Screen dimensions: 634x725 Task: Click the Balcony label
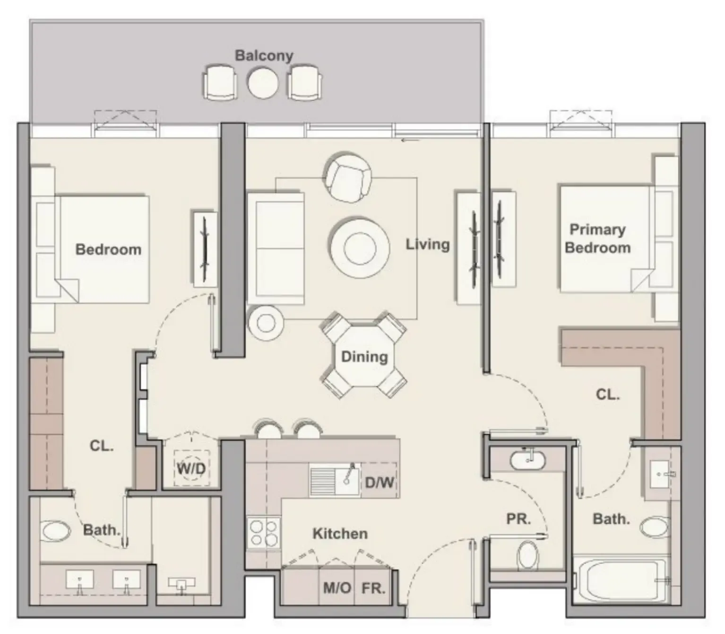click(x=264, y=55)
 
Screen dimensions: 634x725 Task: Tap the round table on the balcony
click(x=262, y=83)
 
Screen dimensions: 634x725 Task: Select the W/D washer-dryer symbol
click(x=191, y=468)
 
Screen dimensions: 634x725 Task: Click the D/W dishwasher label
click(x=380, y=483)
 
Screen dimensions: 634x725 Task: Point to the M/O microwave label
click(x=337, y=588)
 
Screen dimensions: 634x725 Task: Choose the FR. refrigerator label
click(x=373, y=588)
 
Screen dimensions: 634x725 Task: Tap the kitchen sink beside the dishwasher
click(x=335, y=480)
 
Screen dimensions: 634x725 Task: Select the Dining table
click(x=364, y=356)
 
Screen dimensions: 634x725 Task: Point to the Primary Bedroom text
click(x=597, y=238)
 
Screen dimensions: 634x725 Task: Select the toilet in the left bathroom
click(x=55, y=531)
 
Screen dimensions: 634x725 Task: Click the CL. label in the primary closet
click(x=607, y=394)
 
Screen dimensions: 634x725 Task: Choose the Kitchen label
click(x=340, y=534)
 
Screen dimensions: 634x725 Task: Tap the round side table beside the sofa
click(x=266, y=323)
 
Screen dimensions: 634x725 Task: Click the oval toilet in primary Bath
click(x=655, y=526)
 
